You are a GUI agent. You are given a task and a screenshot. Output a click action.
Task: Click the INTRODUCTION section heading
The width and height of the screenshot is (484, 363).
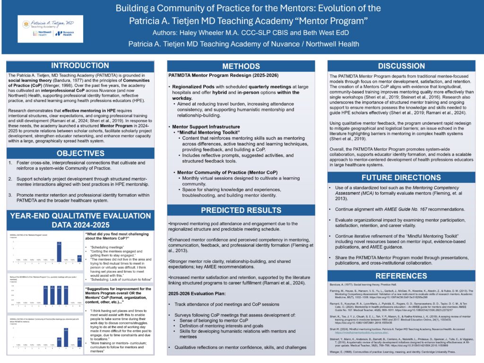79,66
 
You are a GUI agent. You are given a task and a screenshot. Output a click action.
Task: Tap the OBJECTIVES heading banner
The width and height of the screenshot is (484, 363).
79,153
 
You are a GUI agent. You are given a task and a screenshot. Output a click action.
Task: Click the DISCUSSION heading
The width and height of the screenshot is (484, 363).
401,66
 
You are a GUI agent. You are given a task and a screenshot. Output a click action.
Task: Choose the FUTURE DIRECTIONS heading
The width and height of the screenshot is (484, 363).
401,178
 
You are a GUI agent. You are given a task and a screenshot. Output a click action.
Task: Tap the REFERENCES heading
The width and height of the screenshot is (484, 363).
401,276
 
